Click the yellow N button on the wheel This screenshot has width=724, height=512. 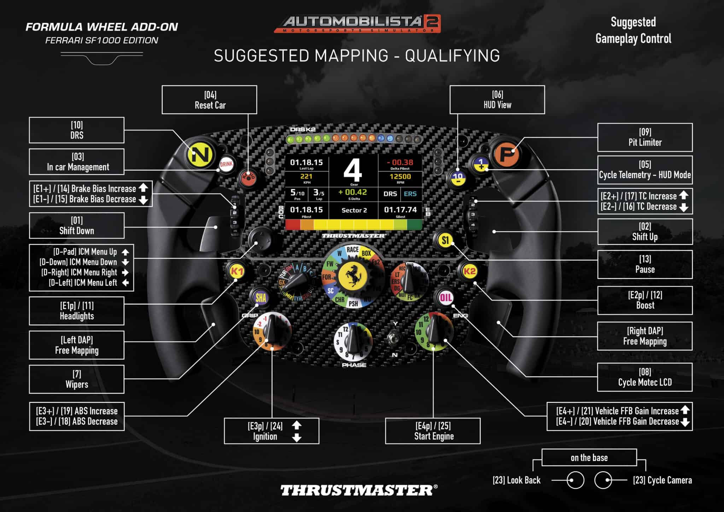pyautogui.click(x=200, y=154)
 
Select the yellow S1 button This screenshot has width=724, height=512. pyautogui.click(x=445, y=240)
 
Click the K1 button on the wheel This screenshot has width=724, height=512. pyautogui.click(x=237, y=272)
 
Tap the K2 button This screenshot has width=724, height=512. pyautogui.click(x=469, y=272)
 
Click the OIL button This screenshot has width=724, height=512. pyautogui.click(x=445, y=298)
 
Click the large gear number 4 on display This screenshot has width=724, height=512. pyautogui.click(x=353, y=170)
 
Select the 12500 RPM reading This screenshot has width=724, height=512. pyautogui.click(x=400, y=176)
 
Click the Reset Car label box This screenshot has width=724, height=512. pyautogui.click(x=210, y=100)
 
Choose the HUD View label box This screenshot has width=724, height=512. pyautogui.click(x=497, y=100)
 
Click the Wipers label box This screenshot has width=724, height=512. pyautogui.click(x=77, y=379)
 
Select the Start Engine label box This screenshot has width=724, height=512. pyautogui.click(x=433, y=431)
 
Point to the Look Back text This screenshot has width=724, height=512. pyautogui.click(x=516, y=480)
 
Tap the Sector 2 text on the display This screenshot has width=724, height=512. pyautogui.click(x=354, y=210)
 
